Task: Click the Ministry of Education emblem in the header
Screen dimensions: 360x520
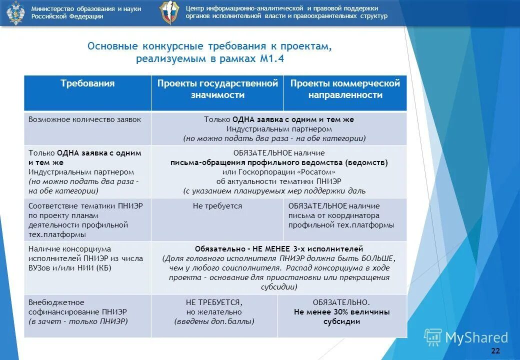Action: (x=15, y=12)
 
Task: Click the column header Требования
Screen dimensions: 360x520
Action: (x=87, y=84)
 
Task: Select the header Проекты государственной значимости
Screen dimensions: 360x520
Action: (x=217, y=89)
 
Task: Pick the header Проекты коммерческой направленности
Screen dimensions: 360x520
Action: (x=345, y=89)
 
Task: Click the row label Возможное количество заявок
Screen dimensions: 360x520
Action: (x=85, y=119)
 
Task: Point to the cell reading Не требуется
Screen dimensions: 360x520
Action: (x=217, y=206)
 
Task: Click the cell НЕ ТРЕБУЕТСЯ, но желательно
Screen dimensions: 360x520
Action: (x=214, y=312)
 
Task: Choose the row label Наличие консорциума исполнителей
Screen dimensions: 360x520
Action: (x=85, y=258)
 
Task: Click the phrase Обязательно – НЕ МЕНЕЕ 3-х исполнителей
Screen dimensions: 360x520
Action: (x=278, y=248)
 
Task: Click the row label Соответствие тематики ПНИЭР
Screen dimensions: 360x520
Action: (x=85, y=220)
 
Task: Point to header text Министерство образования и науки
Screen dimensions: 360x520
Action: (x=86, y=9)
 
